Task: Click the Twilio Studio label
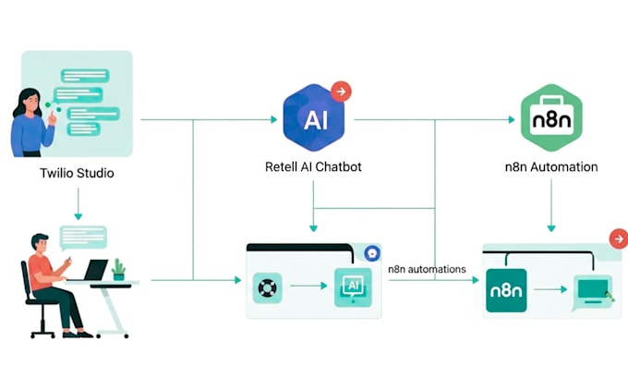tap(78, 173)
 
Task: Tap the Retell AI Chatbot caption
tap(313, 167)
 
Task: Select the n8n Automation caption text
tap(550, 167)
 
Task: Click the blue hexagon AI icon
tap(313, 117)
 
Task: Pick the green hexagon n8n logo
tap(551, 117)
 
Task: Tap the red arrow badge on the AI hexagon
tap(341, 91)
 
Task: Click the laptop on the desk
tap(96, 270)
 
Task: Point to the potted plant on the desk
tap(118, 269)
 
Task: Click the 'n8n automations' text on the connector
tap(427, 270)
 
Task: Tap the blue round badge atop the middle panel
tap(372, 251)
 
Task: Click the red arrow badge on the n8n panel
tap(618, 238)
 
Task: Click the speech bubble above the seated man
tap(83, 237)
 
